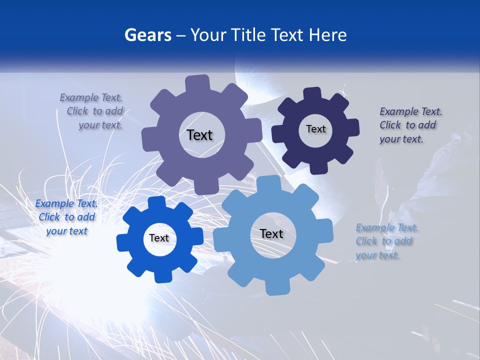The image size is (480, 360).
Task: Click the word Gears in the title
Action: (147, 35)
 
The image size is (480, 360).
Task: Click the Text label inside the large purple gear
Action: (199, 135)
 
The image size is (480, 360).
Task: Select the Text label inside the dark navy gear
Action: (315, 129)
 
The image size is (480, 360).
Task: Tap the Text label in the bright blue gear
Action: (159, 238)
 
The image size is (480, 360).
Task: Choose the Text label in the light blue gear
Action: (271, 233)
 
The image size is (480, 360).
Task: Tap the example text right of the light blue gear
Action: (386, 241)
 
